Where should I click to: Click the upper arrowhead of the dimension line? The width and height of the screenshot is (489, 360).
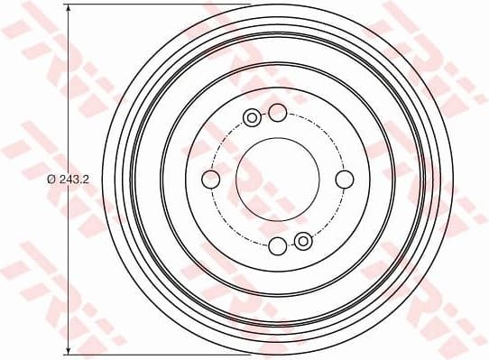tap(69, 10)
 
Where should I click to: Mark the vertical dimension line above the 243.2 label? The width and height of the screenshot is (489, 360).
tap(69, 90)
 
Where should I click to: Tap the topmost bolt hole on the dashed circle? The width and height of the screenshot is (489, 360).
tap(277, 112)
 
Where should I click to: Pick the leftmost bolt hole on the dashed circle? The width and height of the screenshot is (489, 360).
tap(210, 180)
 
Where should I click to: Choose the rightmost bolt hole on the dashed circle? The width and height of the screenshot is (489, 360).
tap(344, 180)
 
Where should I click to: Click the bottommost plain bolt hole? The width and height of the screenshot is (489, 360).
tap(277, 245)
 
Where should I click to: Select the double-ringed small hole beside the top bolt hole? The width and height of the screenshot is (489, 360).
tap(252, 117)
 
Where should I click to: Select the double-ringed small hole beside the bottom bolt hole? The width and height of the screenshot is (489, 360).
tap(303, 241)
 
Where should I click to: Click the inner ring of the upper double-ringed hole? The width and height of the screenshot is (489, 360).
tap(252, 117)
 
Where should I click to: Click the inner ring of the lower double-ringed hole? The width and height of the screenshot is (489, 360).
tap(303, 241)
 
